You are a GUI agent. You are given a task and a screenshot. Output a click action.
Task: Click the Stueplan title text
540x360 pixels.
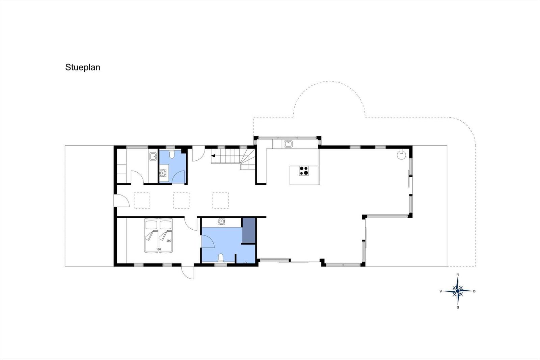click(82, 67)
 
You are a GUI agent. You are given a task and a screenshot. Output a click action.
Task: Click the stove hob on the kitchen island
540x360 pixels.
click(304, 171)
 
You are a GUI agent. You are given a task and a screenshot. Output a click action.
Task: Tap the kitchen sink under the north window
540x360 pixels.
click(288, 144)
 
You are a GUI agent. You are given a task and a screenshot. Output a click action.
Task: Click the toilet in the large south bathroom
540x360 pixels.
click(221, 258)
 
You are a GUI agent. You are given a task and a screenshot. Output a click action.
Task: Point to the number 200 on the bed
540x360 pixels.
click(169, 240)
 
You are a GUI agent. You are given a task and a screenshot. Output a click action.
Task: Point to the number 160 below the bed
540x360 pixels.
click(158, 249)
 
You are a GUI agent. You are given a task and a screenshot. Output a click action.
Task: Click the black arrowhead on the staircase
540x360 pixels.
click(213, 156)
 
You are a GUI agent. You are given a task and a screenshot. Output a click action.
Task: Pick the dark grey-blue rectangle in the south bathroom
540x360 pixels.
click(249, 230)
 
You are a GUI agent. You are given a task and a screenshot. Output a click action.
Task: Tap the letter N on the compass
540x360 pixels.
click(458, 274)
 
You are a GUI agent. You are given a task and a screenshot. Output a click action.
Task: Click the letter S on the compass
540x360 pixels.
click(458, 307)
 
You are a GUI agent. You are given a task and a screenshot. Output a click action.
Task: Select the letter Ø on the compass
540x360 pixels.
click(474, 291)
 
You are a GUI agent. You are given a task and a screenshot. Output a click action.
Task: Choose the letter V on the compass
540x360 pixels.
click(441, 291)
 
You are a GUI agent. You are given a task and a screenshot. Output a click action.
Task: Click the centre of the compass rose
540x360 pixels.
click(458, 291)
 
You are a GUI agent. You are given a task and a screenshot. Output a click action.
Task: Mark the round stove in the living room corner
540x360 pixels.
click(401, 155)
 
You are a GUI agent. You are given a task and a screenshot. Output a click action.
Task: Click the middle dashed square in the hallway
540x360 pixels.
click(181, 200)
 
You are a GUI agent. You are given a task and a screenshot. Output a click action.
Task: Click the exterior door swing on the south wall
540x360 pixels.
click(188, 273)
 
